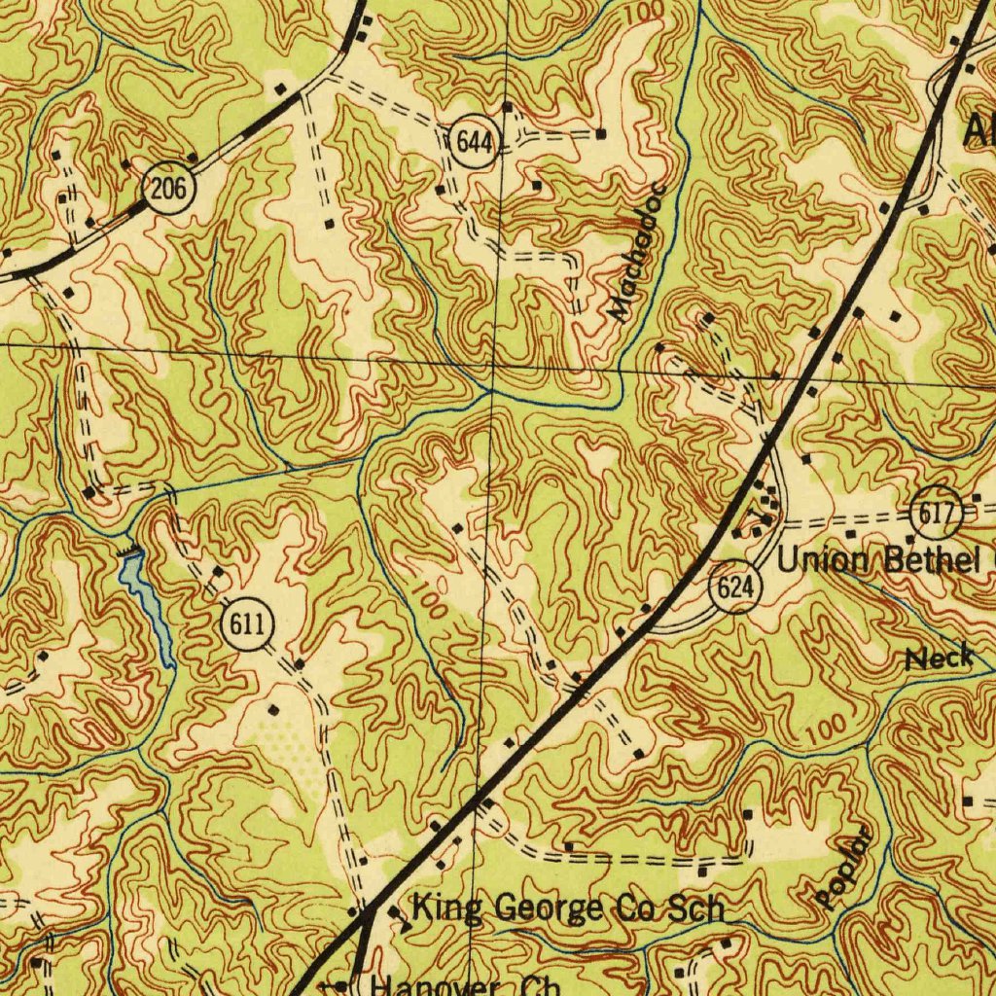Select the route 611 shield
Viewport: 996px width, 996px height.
coord(248,624)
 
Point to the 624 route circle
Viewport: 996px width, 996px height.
coord(736,588)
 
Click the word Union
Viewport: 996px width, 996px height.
coord(823,561)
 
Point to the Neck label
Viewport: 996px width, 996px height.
coord(939,658)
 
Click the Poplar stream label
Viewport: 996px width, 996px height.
coord(842,869)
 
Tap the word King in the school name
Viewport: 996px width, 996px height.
coord(447,908)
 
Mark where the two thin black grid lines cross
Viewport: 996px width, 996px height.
coord(494,361)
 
